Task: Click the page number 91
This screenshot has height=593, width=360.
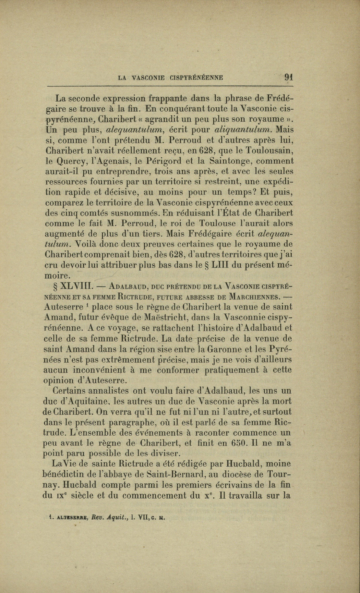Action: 288,77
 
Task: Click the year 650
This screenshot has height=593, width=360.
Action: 241,443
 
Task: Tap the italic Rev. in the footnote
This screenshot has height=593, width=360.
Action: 99,518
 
